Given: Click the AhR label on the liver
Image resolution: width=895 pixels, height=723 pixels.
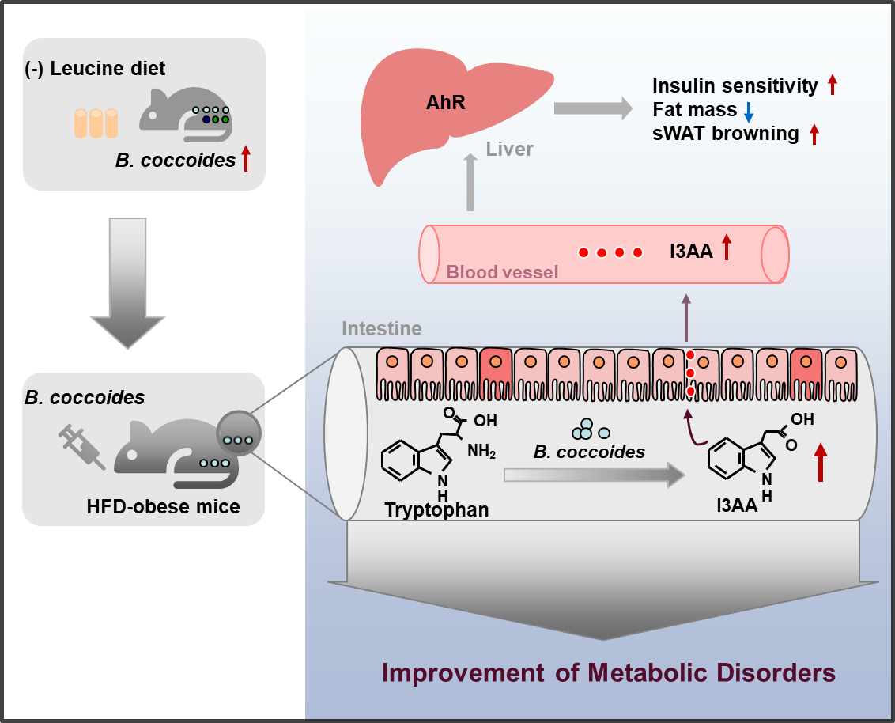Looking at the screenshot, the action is (x=446, y=102).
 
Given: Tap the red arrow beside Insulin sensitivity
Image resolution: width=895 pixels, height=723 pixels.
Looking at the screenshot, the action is (x=833, y=85).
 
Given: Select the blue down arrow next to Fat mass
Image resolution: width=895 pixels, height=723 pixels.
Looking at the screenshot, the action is (x=749, y=112).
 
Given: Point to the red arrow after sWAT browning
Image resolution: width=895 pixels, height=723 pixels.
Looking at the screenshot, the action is (x=814, y=134).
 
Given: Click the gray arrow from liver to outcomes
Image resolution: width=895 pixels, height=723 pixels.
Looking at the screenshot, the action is (x=593, y=108).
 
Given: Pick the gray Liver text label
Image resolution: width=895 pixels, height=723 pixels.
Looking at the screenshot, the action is (x=510, y=149).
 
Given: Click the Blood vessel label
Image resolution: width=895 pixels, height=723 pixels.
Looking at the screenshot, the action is (x=502, y=272).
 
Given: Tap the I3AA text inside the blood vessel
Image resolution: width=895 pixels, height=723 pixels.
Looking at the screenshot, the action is (x=691, y=252).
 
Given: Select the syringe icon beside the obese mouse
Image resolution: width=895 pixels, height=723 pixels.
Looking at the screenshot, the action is (x=82, y=447).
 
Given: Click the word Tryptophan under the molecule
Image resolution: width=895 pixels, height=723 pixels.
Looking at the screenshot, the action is (x=436, y=509).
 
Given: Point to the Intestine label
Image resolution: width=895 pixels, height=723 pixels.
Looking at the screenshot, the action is (x=382, y=328).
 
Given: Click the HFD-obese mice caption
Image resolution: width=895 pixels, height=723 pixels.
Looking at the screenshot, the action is (x=163, y=506).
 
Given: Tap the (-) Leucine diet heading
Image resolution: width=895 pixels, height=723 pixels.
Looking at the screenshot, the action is (x=95, y=69).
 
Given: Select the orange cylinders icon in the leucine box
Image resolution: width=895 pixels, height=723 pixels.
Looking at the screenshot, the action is (x=96, y=123).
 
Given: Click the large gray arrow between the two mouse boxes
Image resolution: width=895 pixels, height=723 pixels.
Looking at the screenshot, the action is (x=128, y=282).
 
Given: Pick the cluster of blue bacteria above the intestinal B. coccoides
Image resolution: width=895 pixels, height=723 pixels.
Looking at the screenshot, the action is (x=590, y=430).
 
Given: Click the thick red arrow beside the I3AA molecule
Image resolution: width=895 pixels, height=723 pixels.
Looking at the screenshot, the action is (x=820, y=462).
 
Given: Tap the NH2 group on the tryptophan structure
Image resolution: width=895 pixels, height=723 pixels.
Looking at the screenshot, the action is (x=481, y=451).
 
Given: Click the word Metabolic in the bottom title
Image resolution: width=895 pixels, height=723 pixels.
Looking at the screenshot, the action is (x=648, y=672).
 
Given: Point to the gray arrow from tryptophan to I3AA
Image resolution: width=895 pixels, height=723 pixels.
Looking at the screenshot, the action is (x=595, y=475).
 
